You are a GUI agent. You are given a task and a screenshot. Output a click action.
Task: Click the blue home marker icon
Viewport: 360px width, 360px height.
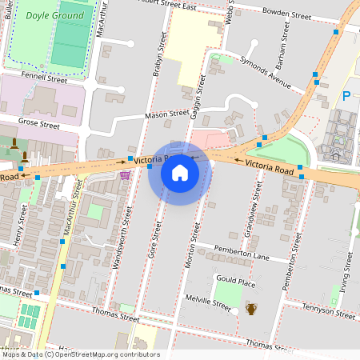click(179, 173)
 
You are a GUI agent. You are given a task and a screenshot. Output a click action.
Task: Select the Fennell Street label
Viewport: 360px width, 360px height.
click(44, 79)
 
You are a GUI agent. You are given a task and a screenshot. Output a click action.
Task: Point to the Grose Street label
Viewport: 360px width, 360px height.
click(39, 125)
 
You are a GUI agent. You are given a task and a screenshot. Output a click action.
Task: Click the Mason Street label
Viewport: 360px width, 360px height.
click(166, 115)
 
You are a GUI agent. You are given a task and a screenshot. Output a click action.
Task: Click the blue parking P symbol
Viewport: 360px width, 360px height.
click(346, 95)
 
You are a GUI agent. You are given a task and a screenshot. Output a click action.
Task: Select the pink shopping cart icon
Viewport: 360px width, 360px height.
click(124, 174)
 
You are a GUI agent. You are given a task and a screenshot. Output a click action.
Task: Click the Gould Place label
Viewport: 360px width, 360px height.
click(235, 283)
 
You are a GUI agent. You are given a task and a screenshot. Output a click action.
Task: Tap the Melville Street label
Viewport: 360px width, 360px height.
click(209, 303)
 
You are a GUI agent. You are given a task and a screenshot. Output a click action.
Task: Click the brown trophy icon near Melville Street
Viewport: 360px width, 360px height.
click(251, 309)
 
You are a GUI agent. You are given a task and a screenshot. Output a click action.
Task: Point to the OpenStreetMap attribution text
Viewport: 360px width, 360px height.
click(80, 354)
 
